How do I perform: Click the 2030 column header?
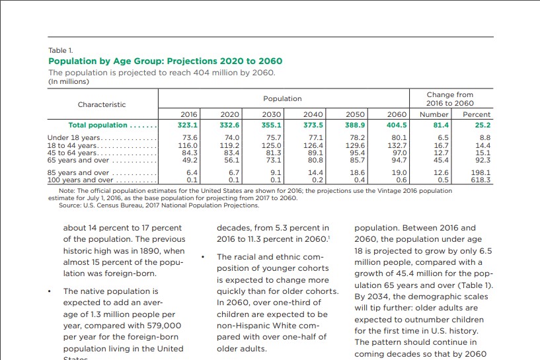(272, 114)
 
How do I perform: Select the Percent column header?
(476, 114)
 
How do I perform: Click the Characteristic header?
(102, 104)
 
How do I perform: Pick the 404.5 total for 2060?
(397, 125)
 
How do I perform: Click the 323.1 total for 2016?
(188, 125)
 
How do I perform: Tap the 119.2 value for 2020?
(229, 145)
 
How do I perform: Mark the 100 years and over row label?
(80, 180)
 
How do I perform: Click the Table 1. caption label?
(61, 50)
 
